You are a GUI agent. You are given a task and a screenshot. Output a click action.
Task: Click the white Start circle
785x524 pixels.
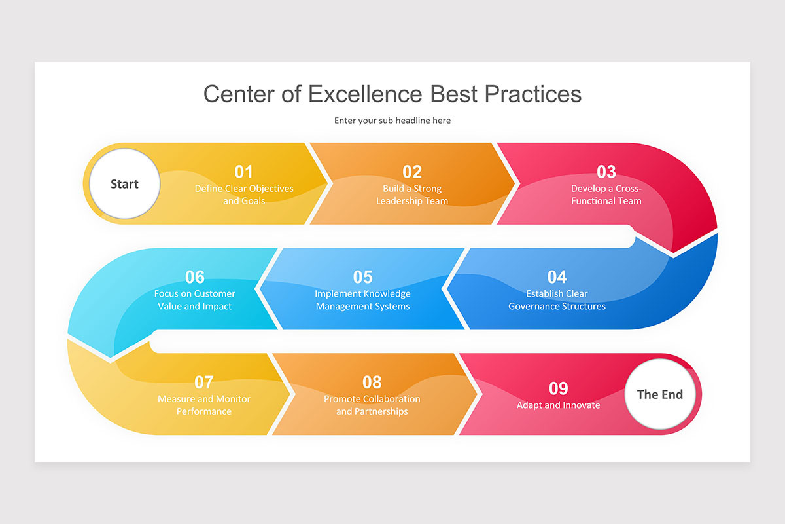124,184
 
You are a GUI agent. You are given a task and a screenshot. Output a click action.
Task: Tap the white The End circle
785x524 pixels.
659,394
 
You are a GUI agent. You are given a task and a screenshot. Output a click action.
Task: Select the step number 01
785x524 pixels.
244,172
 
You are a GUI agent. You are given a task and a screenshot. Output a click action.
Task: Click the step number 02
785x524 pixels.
412,172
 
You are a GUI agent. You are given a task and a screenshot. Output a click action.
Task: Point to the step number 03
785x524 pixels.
606,172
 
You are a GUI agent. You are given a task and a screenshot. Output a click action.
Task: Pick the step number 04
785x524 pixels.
557,277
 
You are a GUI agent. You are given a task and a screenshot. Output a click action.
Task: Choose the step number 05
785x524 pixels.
362,277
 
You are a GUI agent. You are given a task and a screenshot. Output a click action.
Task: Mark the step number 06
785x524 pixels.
195,277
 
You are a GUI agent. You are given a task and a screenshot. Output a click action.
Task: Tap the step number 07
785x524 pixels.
204,382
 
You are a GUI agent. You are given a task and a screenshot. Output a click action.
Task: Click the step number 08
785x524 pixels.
372,382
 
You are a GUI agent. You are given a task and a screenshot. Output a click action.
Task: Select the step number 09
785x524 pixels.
558,388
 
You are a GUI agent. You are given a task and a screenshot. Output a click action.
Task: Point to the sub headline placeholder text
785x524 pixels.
392,121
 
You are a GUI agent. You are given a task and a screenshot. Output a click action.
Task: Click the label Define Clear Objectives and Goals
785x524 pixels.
244,195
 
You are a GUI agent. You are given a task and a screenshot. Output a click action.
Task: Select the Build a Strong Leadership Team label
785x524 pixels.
412,195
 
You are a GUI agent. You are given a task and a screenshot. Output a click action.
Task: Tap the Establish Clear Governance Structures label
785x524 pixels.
557,300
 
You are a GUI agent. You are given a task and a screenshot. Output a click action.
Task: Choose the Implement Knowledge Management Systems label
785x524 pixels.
362,300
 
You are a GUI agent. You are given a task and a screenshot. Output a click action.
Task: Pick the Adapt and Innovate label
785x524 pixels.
558,405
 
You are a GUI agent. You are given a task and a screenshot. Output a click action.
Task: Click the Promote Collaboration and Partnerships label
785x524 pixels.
372,405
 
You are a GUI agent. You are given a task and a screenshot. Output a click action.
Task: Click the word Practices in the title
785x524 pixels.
532,94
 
